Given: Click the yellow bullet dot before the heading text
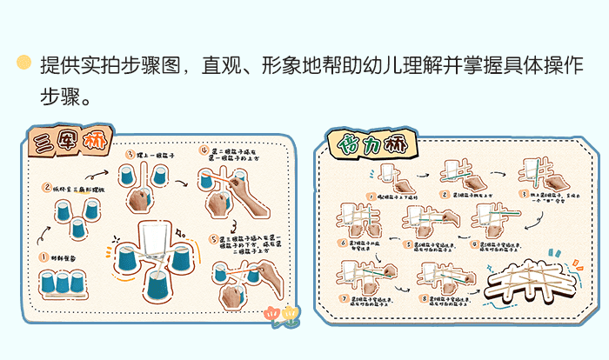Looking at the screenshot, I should tap(24, 63).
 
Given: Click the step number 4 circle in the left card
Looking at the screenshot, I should tap(204, 150).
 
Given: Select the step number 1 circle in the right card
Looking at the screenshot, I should tap(371, 197).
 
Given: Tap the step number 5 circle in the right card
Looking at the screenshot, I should tap(405, 244).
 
